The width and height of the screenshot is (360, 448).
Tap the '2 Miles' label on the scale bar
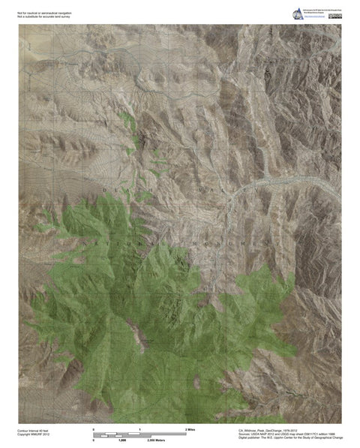click(190, 428)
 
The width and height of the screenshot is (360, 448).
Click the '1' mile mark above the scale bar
click(140, 428)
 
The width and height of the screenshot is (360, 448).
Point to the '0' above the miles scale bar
click(94, 428)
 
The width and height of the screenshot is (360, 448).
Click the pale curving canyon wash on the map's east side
click(270, 182)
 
